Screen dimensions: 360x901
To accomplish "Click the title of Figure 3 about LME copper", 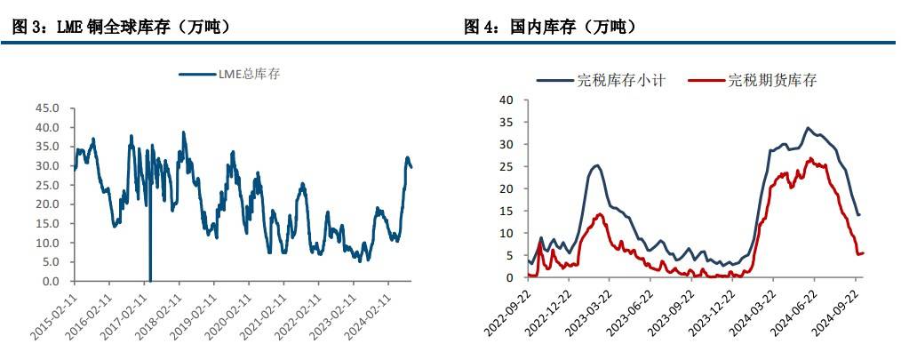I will (123, 28).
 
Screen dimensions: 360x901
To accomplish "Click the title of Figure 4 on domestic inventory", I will (551, 28).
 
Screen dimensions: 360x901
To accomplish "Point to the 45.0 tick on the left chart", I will (48, 108).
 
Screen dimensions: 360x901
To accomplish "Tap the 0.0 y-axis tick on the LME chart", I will (52, 281).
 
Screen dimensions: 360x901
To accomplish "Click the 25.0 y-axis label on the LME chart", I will (48, 185).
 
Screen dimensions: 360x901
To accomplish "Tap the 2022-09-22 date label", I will (507, 311).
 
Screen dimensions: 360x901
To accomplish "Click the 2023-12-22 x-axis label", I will (712, 311).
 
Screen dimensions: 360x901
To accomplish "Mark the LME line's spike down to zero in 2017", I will (150, 278).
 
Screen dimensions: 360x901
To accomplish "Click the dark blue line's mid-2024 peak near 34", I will (808, 128).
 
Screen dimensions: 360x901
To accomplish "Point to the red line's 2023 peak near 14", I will (600, 214).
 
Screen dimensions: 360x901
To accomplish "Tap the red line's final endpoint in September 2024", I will (863, 253).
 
